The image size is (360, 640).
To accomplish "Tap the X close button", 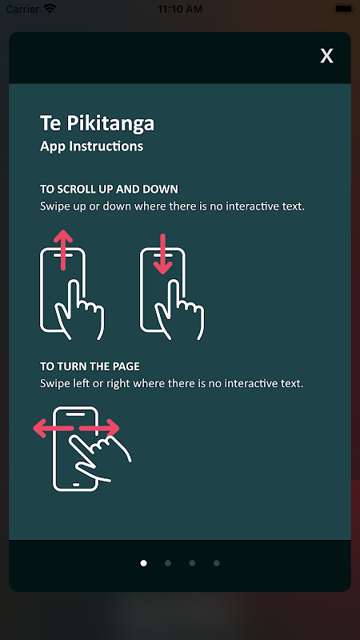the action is coord(326,56).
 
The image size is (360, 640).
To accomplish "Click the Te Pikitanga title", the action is coord(97,123).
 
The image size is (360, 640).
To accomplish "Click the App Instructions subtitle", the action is coord(91,146).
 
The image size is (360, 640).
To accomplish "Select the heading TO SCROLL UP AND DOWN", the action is coord(109,189).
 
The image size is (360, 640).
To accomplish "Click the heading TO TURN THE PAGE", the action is coord(90,366).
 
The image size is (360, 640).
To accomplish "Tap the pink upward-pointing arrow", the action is coord(63,250).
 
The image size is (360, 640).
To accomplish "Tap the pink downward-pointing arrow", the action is coord(163,254).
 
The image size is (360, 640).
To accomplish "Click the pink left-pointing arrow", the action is coord(53,428).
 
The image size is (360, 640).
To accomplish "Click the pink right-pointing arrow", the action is coord(99,428).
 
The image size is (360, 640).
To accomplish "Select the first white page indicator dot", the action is coord(143,563).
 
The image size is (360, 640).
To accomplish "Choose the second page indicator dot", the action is coord(168,563).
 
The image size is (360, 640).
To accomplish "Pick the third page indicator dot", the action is coord(192,563).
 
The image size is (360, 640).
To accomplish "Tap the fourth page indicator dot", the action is coord(217,563).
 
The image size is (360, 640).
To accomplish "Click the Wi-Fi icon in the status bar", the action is coord(50,9).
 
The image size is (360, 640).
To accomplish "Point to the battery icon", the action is coord(345,9).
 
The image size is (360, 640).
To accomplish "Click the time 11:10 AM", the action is coord(180,9).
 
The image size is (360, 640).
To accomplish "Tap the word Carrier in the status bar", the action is coord(23,9).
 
